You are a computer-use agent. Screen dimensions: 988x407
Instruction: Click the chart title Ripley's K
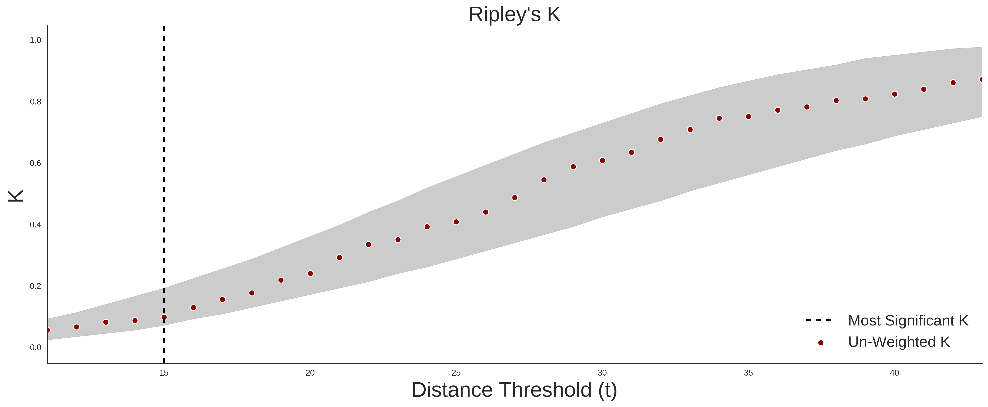(x=514, y=14)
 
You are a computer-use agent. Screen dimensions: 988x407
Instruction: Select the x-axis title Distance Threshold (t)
(x=514, y=390)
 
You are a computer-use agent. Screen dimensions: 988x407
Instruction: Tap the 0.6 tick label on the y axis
(x=35, y=163)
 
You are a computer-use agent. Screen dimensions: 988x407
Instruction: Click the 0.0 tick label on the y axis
(x=35, y=347)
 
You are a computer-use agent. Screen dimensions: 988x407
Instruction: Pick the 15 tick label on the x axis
(x=164, y=373)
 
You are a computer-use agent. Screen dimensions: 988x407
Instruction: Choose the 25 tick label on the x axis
(x=456, y=373)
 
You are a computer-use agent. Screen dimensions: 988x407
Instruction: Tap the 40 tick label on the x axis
(x=895, y=373)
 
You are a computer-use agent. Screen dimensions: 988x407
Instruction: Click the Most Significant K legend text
(x=908, y=321)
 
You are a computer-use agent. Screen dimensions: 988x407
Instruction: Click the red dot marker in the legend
(x=820, y=343)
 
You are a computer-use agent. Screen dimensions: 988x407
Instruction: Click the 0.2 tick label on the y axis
(x=35, y=286)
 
